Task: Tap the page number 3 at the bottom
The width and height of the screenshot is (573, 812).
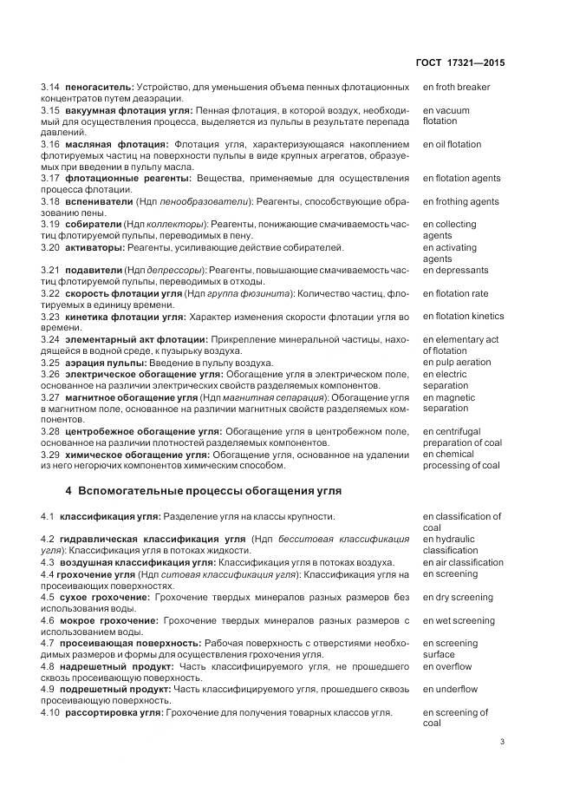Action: tap(502, 742)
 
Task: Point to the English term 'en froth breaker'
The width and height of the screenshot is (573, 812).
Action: tap(456, 88)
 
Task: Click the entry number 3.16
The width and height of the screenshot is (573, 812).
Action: tap(50, 144)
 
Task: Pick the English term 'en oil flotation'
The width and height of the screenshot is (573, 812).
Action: tap(452, 144)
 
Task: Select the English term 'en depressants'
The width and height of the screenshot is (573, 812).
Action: tap(455, 271)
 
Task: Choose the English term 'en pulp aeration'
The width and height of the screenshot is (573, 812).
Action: tap(456, 363)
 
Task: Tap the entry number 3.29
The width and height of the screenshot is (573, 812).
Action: tap(50, 454)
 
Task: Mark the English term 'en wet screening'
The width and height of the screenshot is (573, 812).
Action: tap(459, 620)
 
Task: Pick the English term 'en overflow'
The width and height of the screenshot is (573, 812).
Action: tap(447, 666)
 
